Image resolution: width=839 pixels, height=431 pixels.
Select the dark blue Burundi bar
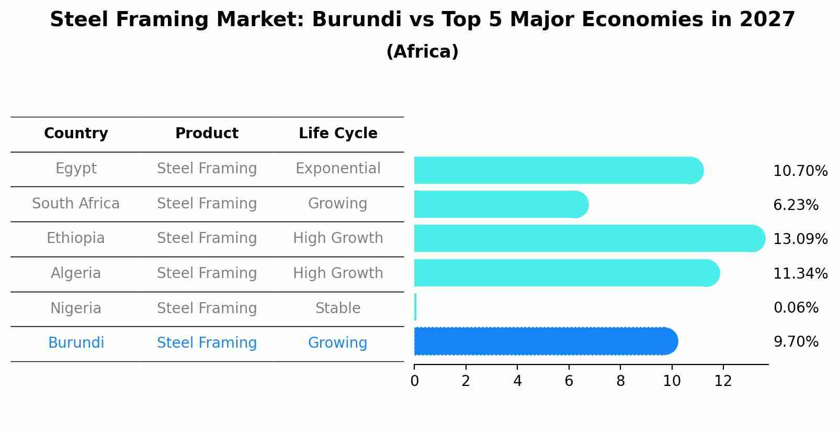[x=544, y=341]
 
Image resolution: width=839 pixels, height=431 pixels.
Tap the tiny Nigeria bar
[x=415, y=307]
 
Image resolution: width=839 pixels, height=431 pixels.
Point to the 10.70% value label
[x=800, y=171]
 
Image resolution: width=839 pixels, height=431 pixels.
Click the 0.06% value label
[x=796, y=308]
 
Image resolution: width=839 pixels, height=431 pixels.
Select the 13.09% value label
[x=800, y=239]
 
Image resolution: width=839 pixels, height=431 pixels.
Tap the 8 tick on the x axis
[x=620, y=381]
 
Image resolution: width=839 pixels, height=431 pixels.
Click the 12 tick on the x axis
[x=723, y=381]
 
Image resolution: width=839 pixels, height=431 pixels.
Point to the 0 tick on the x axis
[x=414, y=381]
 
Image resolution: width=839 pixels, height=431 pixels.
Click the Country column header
[x=76, y=134]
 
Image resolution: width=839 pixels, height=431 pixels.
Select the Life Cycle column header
[x=338, y=134]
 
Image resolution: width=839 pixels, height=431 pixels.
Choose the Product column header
[x=207, y=134]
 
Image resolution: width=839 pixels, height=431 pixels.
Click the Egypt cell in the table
[x=76, y=169]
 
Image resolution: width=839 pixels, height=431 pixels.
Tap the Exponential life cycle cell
[x=338, y=169]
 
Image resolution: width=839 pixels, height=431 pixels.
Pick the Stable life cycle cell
[x=338, y=308]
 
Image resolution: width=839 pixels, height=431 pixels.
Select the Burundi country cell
[x=76, y=343]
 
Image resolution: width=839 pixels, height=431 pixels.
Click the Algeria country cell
[x=76, y=273]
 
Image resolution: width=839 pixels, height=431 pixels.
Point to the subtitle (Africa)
[x=422, y=52]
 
